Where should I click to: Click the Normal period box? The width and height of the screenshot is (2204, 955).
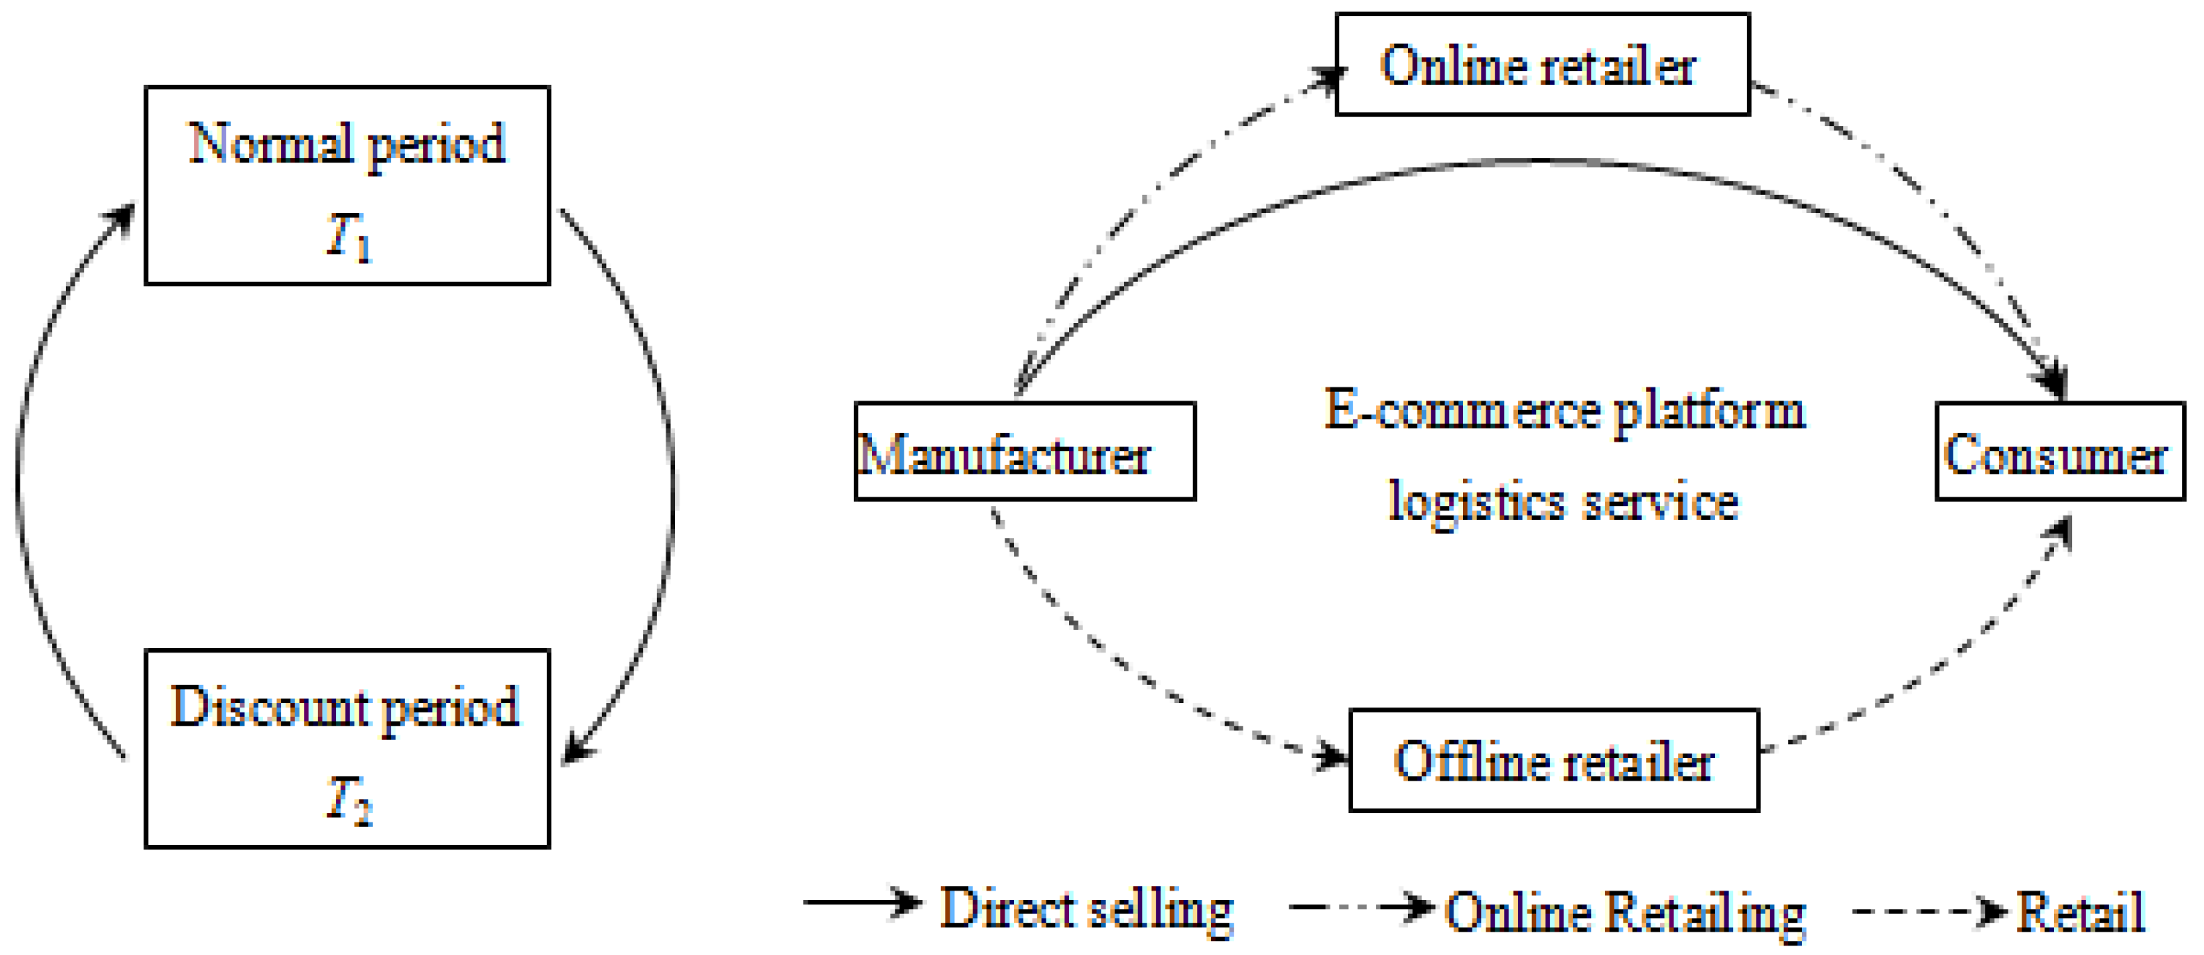pos(346,185)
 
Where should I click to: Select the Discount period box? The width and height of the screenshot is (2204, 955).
pos(346,748)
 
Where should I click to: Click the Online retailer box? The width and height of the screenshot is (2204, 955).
pos(1542,64)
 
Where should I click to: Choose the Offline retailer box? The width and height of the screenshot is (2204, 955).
pos(1554,760)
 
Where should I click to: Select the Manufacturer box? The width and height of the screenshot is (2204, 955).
pos(1024,451)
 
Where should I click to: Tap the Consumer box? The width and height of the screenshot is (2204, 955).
pos(2060,451)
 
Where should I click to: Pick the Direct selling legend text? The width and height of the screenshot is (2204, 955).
pos(1087,909)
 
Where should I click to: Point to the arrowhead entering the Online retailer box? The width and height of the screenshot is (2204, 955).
pos(1328,77)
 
